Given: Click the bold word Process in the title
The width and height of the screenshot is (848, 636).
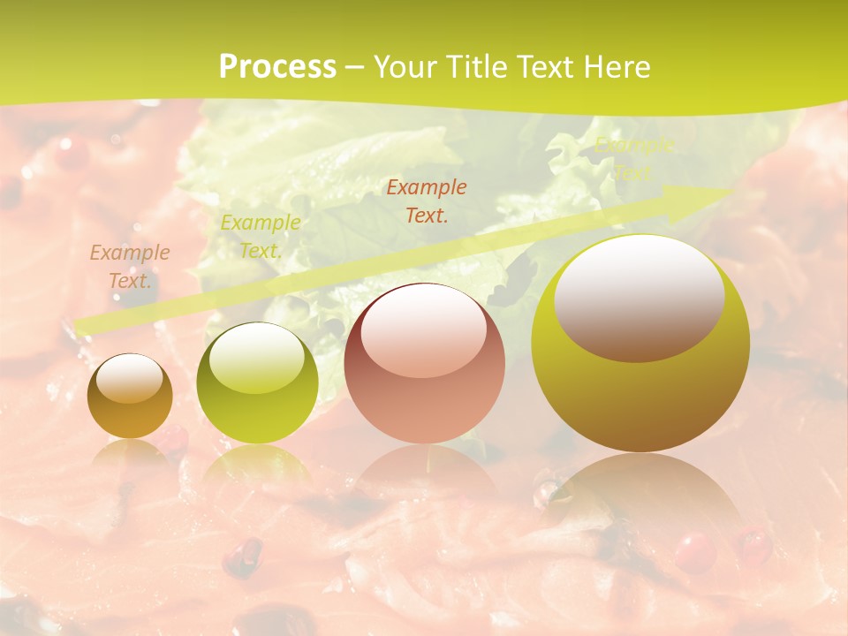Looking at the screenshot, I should [x=277, y=67].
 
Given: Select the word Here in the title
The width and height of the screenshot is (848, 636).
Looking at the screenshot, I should [x=617, y=67].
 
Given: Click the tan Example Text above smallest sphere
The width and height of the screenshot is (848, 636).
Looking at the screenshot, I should [x=130, y=267].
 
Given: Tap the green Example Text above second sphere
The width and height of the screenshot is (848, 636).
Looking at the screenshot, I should [x=260, y=236].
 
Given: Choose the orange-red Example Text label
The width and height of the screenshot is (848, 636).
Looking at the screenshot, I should [x=427, y=201].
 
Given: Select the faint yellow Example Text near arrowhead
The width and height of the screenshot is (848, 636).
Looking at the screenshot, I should [x=633, y=159].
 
